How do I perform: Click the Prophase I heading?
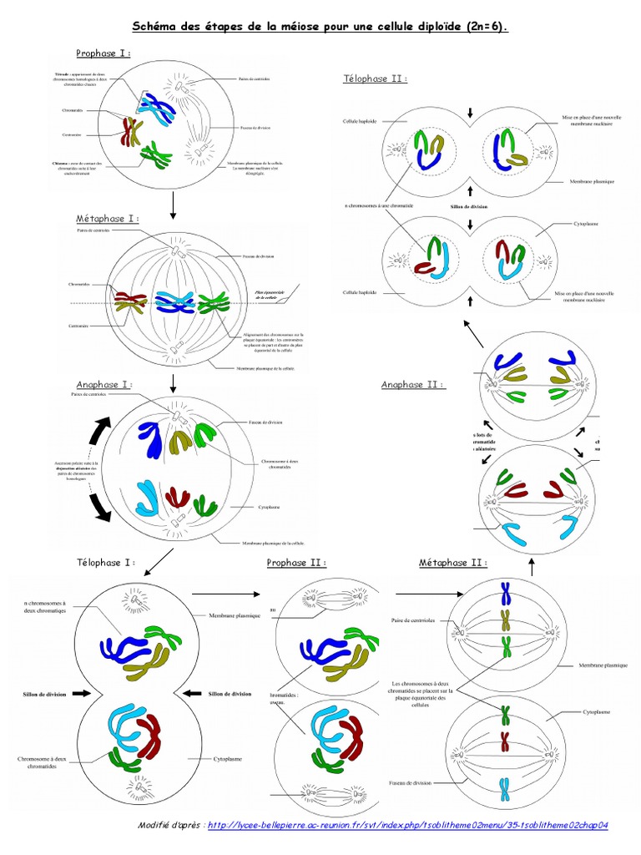(x=103, y=53)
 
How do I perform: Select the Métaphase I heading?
(x=108, y=219)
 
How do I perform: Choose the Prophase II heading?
(x=296, y=563)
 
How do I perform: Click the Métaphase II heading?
(x=452, y=563)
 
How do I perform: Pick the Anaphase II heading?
(x=412, y=385)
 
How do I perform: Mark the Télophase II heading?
(x=375, y=78)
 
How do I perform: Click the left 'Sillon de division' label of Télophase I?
(x=38, y=693)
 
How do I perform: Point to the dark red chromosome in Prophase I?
(x=130, y=131)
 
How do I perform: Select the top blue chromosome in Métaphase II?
(x=505, y=593)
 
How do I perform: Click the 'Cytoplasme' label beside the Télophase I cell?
(x=221, y=758)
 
